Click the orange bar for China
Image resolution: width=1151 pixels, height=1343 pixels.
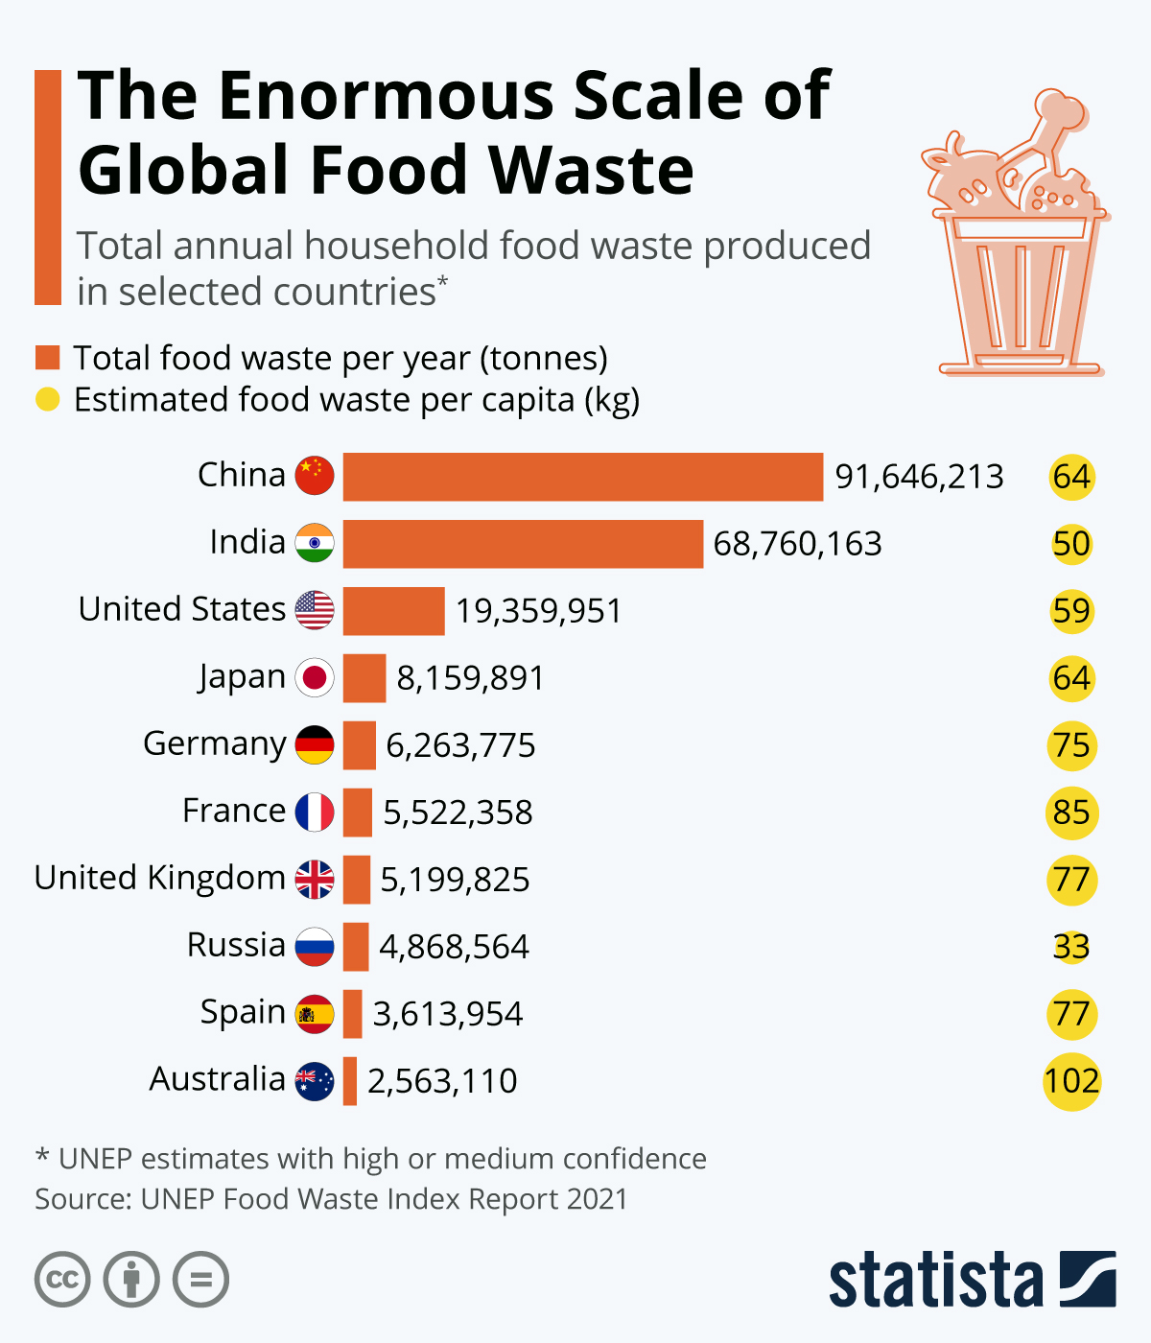coord(582,477)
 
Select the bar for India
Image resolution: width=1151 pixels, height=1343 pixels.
coord(523,544)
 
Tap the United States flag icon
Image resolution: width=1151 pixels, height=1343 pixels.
coord(315,611)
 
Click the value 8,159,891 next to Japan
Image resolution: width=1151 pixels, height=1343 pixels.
coord(470,678)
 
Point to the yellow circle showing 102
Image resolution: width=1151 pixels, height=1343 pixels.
coord(1071,1081)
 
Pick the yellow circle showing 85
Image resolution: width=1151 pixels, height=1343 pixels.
coord(1071,813)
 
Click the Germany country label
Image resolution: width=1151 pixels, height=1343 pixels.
coord(214,744)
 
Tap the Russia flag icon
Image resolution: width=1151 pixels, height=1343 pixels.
coord(315,947)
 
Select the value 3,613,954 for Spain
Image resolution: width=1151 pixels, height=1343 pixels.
coord(447,1014)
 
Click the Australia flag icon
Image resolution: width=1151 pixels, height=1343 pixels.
coord(315,1081)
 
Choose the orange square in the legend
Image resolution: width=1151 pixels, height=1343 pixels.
coord(48,358)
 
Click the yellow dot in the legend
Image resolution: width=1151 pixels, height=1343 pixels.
coord(48,399)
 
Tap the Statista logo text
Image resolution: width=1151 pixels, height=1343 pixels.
coord(935,1280)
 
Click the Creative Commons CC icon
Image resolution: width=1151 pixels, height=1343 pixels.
coord(62,1280)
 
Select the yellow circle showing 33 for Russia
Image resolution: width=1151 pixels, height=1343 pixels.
coord(1071,947)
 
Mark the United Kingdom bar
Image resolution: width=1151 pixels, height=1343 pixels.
coord(357,880)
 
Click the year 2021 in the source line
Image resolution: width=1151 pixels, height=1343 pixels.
coord(596,1199)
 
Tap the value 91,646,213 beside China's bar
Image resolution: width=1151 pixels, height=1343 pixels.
coord(919,477)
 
